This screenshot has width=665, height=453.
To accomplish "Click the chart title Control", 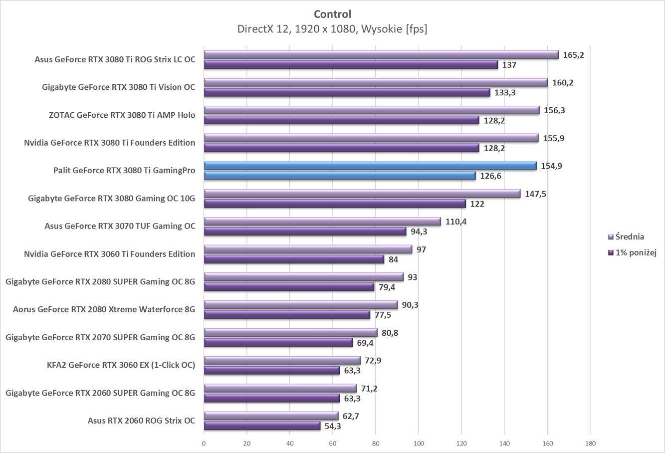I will coord(332,14).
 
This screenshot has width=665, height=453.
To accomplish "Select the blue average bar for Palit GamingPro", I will coord(370,166).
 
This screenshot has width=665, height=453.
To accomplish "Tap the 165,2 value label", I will coord(573,55).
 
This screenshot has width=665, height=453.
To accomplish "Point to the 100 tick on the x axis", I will coord(418,443).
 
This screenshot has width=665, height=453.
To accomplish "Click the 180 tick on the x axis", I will coord(590,443).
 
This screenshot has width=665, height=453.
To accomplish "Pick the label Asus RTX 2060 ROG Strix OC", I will coord(141,421).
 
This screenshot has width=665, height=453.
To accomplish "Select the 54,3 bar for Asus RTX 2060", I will coord(262,426).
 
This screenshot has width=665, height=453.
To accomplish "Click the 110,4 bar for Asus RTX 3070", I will coord(322,222).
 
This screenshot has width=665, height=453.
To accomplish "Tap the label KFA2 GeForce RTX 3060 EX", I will coord(121,365).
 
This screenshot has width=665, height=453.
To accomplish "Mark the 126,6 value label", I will coord(490,176).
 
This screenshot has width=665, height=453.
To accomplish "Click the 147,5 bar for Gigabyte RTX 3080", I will coord(362,194).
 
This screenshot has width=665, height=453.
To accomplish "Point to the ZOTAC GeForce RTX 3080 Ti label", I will coord(122,115).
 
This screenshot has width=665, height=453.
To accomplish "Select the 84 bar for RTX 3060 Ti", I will coord(294,259).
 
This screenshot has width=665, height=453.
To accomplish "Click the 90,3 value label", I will coord(410,305).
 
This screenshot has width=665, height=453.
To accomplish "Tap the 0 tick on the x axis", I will coord(204,443).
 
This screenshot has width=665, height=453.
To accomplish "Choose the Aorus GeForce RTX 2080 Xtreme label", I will coord(104,309).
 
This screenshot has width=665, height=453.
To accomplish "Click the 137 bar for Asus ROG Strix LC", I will coord(351,65).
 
